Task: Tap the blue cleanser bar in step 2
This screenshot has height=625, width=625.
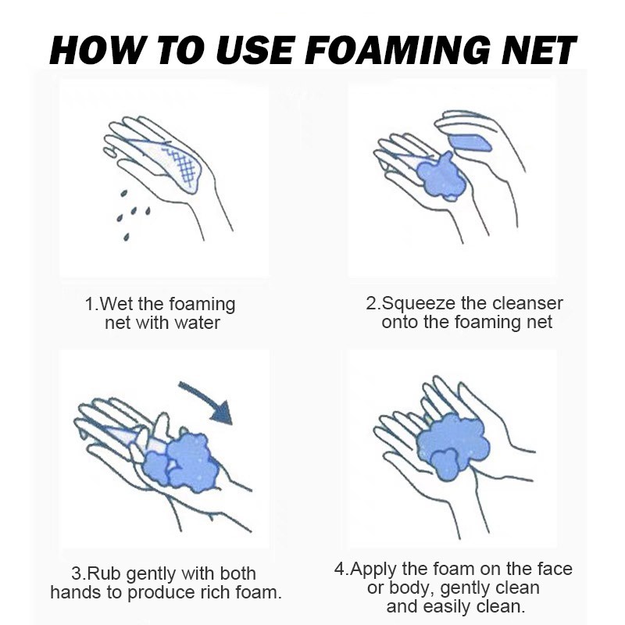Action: (x=470, y=143)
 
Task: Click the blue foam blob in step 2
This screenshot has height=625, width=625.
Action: (x=441, y=177)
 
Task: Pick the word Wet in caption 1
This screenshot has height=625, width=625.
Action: (x=116, y=304)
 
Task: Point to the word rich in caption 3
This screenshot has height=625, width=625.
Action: (x=216, y=592)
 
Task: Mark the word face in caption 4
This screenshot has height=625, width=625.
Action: (x=555, y=570)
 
